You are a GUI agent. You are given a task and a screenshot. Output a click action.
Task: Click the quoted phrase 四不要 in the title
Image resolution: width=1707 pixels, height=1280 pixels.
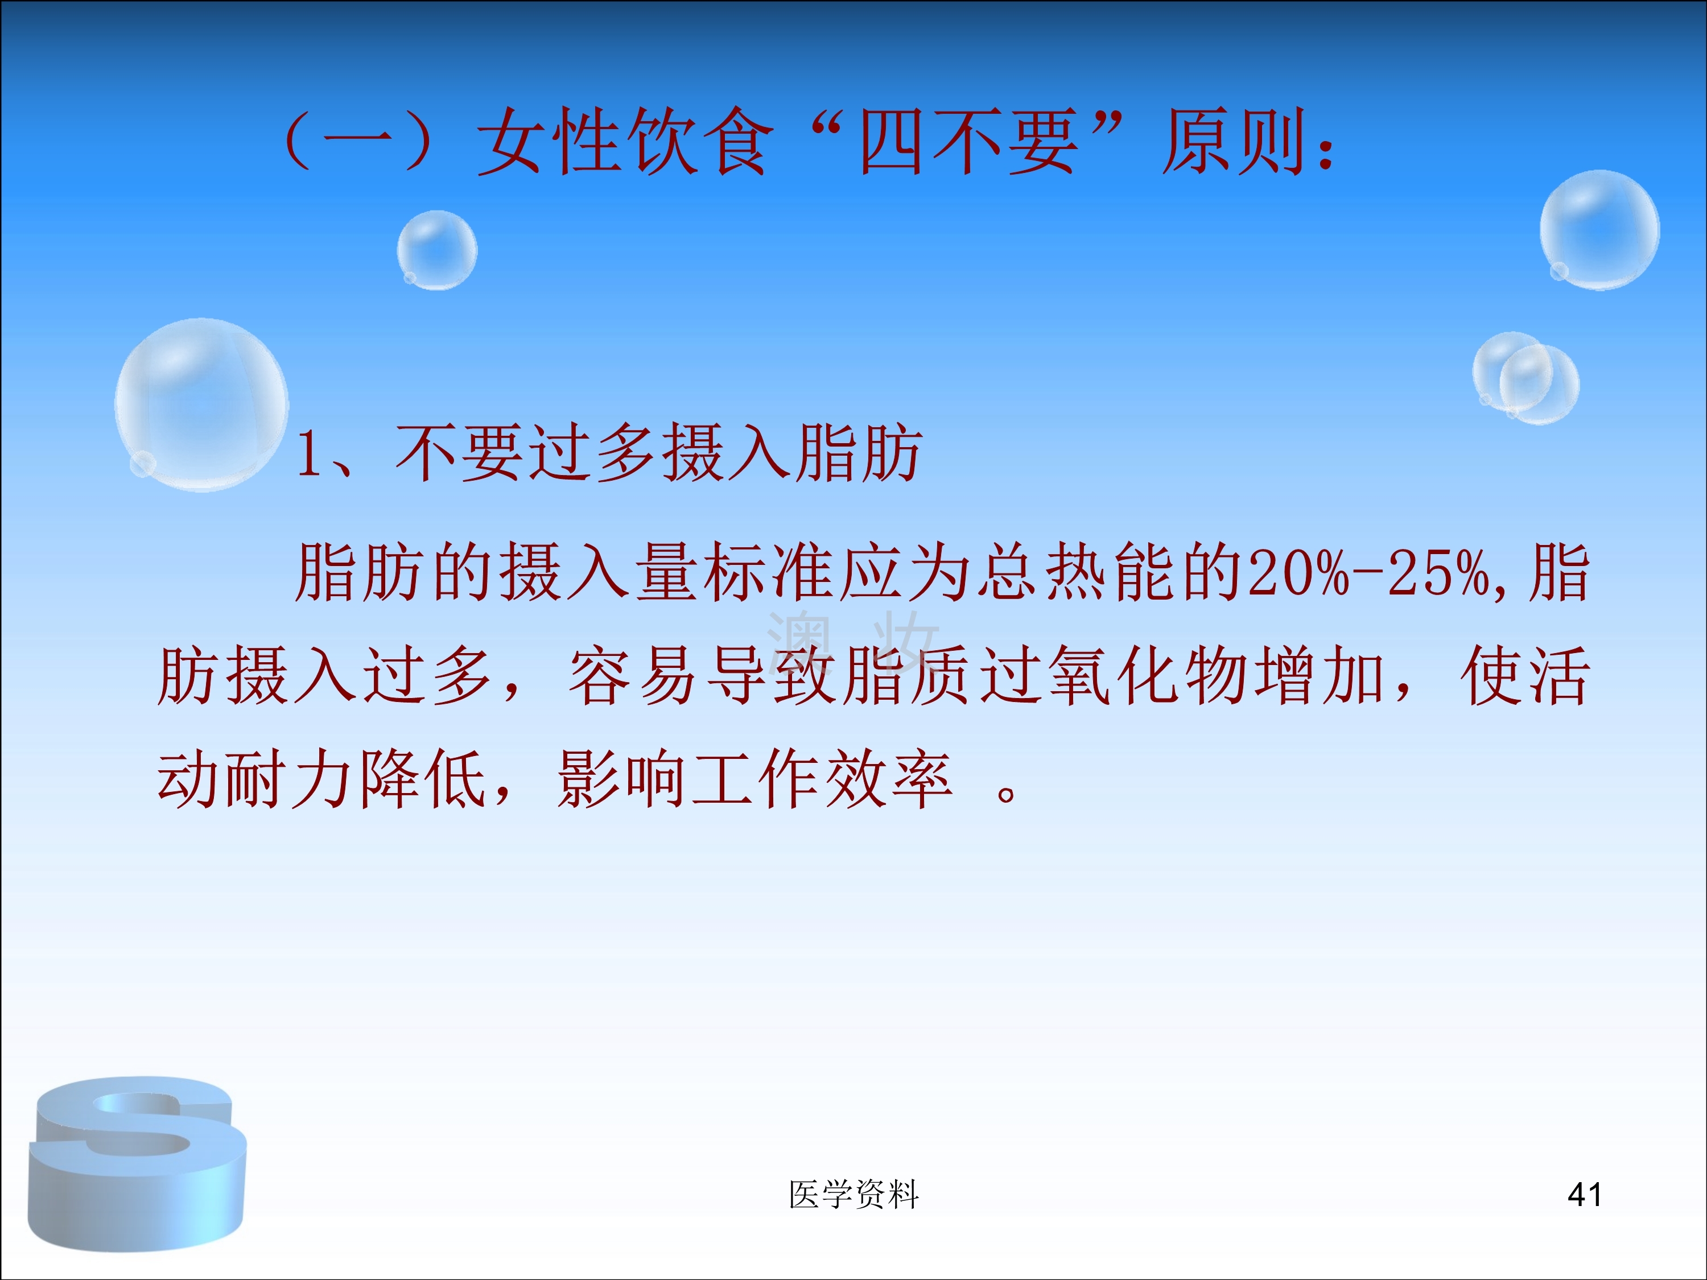[x=968, y=141]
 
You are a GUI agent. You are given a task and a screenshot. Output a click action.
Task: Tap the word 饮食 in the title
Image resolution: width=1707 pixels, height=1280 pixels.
[x=698, y=141]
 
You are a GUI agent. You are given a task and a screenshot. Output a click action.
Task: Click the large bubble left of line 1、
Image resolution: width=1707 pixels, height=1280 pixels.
[x=201, y=404]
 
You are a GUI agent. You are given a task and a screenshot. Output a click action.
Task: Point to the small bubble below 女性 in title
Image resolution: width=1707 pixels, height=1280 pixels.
[x=437, y=250]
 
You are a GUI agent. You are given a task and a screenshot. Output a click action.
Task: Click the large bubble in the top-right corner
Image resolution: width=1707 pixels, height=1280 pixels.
[x=1599, y=230]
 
